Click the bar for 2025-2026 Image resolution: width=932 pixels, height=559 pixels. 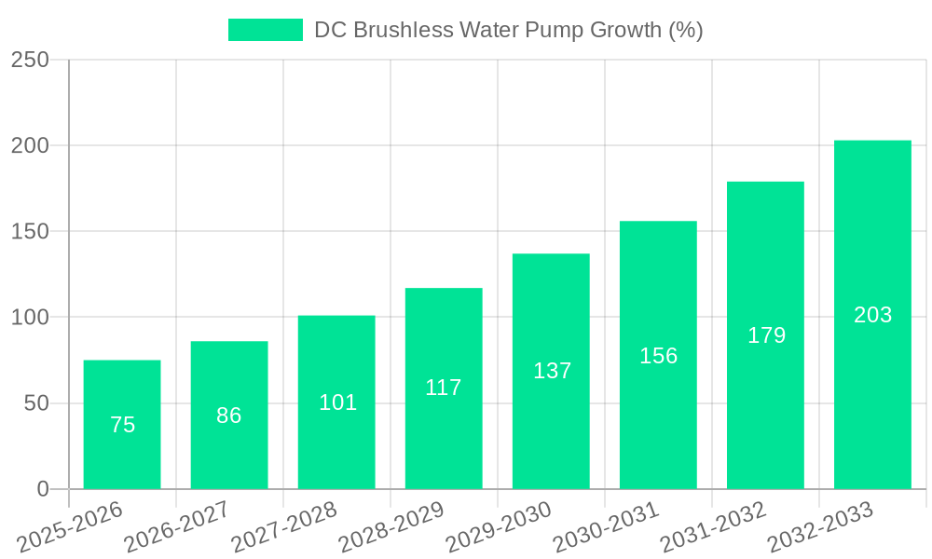point(122,425)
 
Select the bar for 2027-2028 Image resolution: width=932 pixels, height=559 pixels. point(336,402)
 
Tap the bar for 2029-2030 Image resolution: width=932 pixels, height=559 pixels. point(551,371)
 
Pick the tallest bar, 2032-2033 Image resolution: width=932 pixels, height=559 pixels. point(872,315)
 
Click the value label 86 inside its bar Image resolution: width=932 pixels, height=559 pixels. point(229,416)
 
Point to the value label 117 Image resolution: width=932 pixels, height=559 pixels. point(444,388)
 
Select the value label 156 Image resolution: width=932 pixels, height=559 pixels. point(658,356)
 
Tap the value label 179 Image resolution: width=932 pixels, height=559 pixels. point(766,335)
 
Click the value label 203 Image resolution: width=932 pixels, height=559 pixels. point(872,315)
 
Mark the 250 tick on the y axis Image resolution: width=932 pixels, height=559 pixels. point(30,60)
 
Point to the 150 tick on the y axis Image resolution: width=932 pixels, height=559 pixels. point(30,231)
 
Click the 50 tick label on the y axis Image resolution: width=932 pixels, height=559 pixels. point(36,403)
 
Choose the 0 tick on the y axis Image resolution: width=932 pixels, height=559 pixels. point(43,489)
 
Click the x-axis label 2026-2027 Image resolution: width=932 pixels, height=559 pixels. point(177,527)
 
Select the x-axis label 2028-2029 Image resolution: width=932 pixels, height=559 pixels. point(391,527)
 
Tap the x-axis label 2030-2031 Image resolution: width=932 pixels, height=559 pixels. point(606,527)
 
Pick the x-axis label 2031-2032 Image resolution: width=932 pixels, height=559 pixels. point(713,527)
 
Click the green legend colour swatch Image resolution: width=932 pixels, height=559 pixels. point(266,30)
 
